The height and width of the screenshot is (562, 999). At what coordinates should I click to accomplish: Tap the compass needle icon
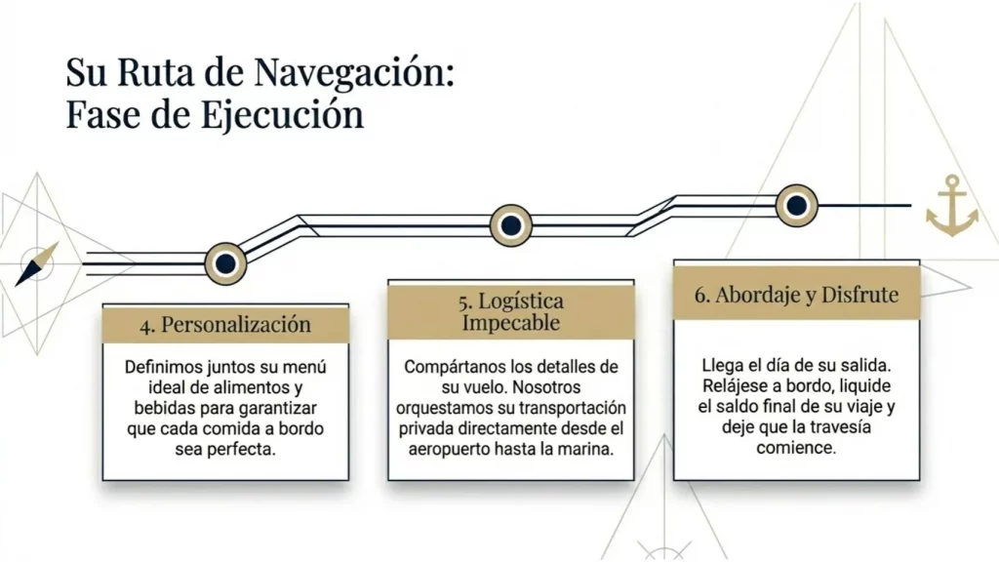coord(36,263)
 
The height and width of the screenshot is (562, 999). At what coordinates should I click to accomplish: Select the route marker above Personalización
coord(225,263)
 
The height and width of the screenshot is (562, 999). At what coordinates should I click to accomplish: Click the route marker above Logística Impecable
coord(511,225)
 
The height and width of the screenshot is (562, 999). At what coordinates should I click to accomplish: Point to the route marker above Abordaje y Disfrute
coord(796,205)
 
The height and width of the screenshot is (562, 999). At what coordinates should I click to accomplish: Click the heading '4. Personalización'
coord(225,324)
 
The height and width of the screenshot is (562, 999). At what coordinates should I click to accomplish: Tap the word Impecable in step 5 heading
coord(511,322)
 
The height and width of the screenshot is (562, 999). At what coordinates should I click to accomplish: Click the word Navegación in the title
coord(354,72)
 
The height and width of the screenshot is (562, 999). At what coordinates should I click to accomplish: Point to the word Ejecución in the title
coord(282,115)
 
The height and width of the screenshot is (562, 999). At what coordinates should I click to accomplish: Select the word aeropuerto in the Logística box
coord(449,449)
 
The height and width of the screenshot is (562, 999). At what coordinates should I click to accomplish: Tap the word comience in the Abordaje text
coord(796,447)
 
